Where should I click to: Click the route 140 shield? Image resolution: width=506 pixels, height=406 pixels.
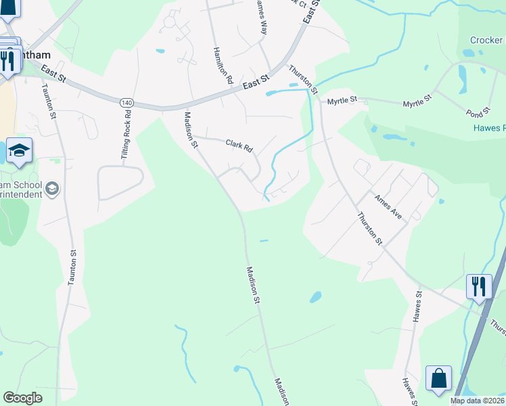pos(126,102)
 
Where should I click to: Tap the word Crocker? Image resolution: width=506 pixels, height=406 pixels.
pos(486,41)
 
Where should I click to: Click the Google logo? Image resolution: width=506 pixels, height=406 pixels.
pos(22,398)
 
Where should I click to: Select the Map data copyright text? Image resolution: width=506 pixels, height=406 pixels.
pos(477,401)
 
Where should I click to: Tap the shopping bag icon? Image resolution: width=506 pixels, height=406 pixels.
pos(438,378)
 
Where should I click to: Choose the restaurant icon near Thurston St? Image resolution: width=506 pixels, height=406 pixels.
pos(478,286)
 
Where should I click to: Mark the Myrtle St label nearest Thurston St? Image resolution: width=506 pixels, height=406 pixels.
pos(342,101)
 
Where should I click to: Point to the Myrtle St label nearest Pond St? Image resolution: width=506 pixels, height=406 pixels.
pos(417,104)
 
